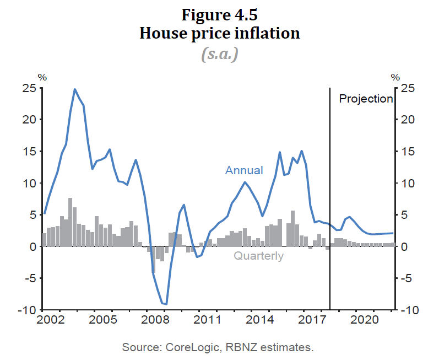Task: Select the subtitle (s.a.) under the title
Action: click(219, 53)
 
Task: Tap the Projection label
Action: click(366, 99)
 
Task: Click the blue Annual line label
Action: click(244, 170)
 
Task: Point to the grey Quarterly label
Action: click(258, 256)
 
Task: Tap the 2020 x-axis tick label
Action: click(364, 319)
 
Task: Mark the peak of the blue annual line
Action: click(75, 89)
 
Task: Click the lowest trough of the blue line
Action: click(166, 304)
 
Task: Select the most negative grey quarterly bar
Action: click(153, 259)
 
